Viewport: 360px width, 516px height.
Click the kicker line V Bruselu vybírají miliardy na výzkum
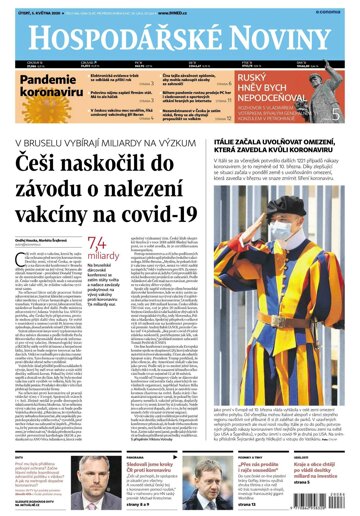point(113,141)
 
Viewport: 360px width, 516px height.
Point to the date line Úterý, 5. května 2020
point(35,13)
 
